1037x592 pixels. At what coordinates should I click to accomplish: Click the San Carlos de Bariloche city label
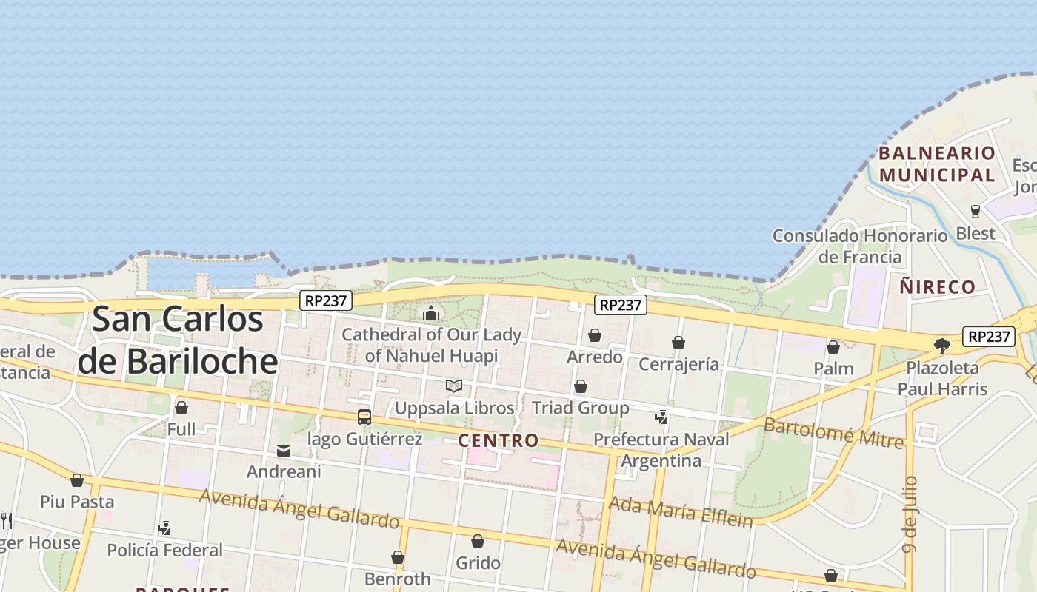point(178,340)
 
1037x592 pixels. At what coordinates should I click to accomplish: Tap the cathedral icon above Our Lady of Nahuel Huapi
point(431,314)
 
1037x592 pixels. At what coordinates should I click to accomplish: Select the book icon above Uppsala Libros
point(454,386)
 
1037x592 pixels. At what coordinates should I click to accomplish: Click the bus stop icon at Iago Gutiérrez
point(364,417)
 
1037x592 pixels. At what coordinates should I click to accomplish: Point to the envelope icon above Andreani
point(284,451)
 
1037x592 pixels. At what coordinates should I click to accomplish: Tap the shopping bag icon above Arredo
point(595,336)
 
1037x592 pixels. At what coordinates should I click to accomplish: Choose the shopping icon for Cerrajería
point(678,343)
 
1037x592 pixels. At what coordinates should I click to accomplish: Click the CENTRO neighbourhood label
point(499,441)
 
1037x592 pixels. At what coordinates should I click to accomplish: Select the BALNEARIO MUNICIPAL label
point(937,164)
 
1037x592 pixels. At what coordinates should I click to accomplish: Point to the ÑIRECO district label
point(938,287)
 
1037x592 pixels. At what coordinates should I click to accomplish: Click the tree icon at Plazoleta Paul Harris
point(942,346)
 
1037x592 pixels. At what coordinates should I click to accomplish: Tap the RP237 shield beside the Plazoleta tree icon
point(989,337)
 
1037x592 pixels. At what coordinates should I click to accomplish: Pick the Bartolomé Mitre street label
point(833,433)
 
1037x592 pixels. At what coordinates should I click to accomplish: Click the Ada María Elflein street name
point(680,511)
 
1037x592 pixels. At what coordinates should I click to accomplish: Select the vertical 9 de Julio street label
point(910,515)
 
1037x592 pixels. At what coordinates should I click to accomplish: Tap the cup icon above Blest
point(976,212)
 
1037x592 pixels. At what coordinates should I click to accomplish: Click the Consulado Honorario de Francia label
point(860,246)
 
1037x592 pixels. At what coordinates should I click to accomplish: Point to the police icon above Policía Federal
point(164,528)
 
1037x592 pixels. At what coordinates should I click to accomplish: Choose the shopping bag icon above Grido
point(478,542)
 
